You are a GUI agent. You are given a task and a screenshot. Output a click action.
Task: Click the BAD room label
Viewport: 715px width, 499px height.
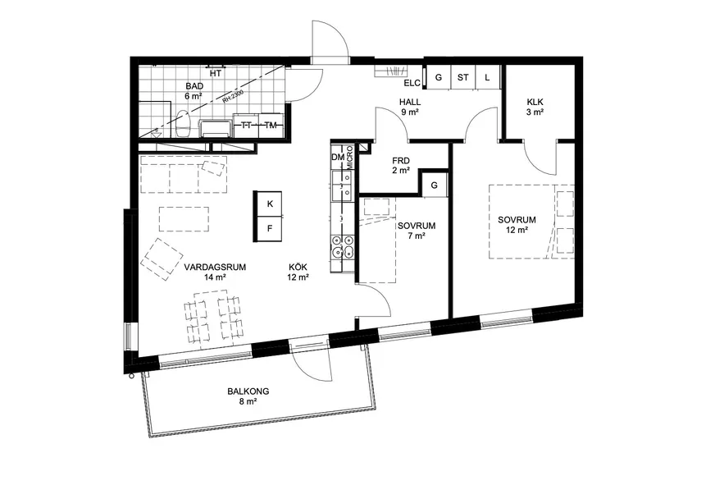[194, 86]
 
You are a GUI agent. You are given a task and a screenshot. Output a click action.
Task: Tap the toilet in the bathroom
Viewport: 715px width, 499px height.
[183, 123]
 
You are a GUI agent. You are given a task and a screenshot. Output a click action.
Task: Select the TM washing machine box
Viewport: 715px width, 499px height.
[271, 125]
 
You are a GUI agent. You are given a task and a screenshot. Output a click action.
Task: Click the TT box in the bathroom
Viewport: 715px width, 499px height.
[246, 125]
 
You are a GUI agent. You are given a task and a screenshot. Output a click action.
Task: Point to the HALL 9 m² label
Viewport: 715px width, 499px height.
[409, 107]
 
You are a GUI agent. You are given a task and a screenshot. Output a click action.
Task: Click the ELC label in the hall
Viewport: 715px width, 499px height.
[412, 83]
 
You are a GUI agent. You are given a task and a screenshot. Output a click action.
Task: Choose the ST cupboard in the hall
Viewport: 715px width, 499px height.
[462, 77]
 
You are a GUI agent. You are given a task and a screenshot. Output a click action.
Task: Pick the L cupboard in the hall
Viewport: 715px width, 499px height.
[487, 77]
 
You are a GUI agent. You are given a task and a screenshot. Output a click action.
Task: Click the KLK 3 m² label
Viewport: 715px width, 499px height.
[535, 107]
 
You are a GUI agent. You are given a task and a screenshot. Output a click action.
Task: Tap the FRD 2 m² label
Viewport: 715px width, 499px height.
[401, 166]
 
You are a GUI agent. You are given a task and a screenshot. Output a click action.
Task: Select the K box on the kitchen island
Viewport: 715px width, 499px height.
[270, 204]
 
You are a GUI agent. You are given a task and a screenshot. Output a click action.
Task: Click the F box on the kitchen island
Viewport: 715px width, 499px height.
[270, 228]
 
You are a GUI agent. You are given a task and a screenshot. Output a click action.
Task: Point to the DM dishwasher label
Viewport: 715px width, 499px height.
[338, 157]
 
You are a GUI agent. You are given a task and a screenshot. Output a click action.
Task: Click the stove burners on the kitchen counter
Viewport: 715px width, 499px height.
[343, 245]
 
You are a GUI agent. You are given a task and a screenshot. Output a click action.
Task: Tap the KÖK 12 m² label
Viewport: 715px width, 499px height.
[298, 272]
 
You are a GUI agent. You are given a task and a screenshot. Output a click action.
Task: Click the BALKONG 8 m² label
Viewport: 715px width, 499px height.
[248, 396]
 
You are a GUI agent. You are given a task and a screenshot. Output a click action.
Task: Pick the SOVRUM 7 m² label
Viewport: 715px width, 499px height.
[417, 231]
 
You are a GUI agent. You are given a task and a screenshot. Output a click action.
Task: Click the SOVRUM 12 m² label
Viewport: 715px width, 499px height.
[517, 225]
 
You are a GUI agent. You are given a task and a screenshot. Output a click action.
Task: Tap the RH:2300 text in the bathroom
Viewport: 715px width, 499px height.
[233, 97]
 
